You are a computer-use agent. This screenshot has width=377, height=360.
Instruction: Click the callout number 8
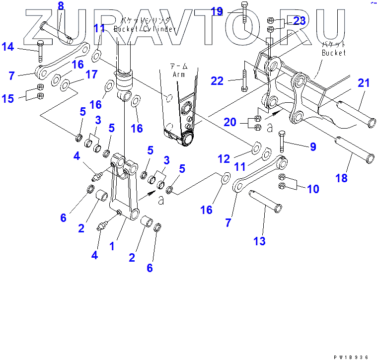point(61,6)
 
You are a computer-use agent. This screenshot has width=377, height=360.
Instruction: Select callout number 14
point(7,47)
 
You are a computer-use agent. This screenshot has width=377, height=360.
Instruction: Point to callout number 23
point(300,21)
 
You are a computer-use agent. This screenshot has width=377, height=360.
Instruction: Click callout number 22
point(217,80)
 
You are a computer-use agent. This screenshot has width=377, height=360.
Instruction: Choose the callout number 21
point(364,83)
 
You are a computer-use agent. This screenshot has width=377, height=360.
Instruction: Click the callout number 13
point(259,241)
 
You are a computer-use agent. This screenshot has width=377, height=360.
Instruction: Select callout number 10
point(313,189)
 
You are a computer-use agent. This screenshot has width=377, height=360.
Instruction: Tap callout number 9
point(313,146)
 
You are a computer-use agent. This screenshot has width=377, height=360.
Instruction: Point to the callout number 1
point(112,245)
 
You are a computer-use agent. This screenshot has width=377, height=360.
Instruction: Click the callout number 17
point(91,74)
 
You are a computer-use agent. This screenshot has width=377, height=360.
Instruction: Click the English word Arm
point(178,74)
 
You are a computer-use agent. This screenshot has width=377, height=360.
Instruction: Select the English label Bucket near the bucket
point(333,53)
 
